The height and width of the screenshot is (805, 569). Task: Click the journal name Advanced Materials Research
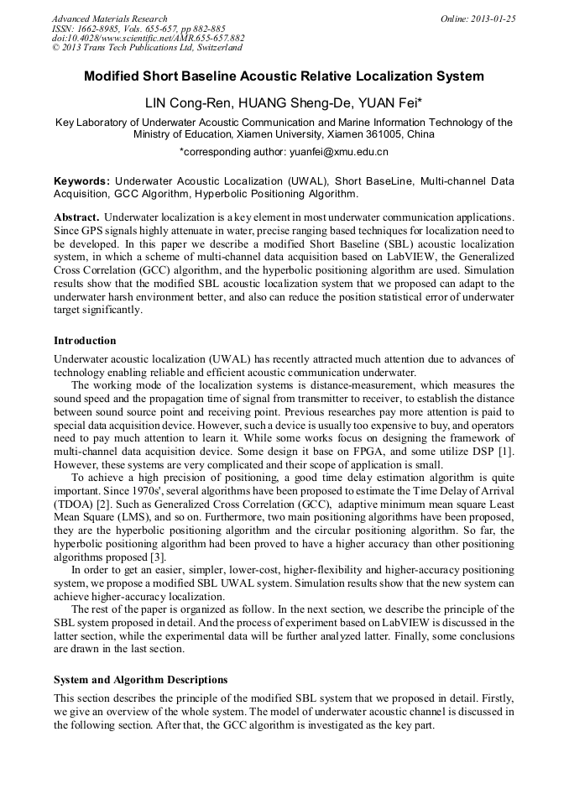tap(109, 18)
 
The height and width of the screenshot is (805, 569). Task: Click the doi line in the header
tap(149, 38)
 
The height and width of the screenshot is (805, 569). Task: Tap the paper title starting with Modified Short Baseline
tap(284, 76)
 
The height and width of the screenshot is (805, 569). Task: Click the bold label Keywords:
tap(81, 181)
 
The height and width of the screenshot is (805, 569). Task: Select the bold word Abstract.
tap(76, 217)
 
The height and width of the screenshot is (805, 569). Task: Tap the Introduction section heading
tap(85, 341)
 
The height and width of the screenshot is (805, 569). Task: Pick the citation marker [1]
tap(507, 452)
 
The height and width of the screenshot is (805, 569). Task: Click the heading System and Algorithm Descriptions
tap(140, 680)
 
